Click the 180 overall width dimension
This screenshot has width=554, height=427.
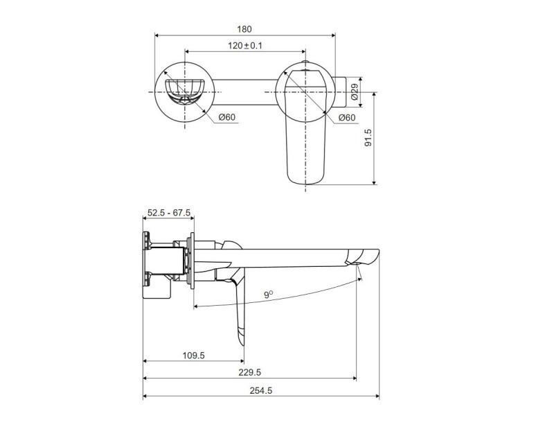pos(244,29)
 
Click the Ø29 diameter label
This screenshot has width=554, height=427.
pos(354,92)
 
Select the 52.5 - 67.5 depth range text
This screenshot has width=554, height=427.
pos(168,214)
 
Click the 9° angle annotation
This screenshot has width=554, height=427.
pos(267,295)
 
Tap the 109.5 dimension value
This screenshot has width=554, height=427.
pos(194,354)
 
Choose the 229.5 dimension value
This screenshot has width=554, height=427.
pos(250,372)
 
